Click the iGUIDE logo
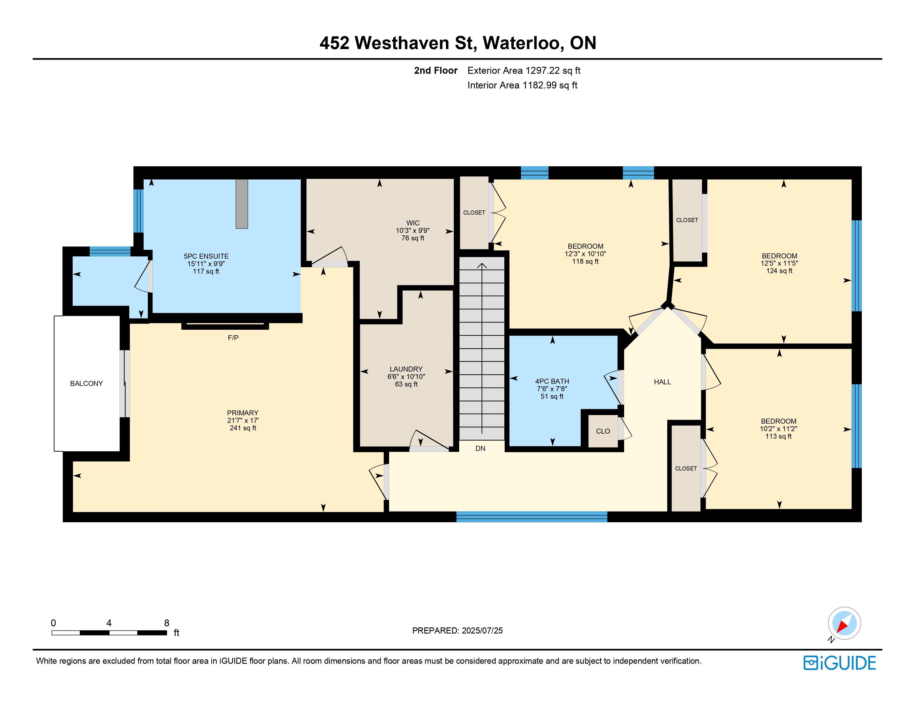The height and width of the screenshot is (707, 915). pos(840,663)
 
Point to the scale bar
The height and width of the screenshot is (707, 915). pos(109,632)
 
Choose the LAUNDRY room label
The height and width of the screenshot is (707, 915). pos(406,369)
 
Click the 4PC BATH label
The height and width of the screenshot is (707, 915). pos(552,381)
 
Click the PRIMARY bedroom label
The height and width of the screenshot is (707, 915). pos(243,413)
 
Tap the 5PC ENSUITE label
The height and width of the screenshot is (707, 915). pos(206,256)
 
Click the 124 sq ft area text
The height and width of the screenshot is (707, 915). pos(779,271)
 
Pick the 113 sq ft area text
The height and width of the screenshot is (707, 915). pos(778,436)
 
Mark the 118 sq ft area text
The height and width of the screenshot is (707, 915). pos(585,261)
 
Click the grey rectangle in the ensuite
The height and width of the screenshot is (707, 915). pos(242,204)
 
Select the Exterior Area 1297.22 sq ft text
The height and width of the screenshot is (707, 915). pos(524,70)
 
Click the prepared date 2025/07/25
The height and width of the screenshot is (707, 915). pos(482,630)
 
